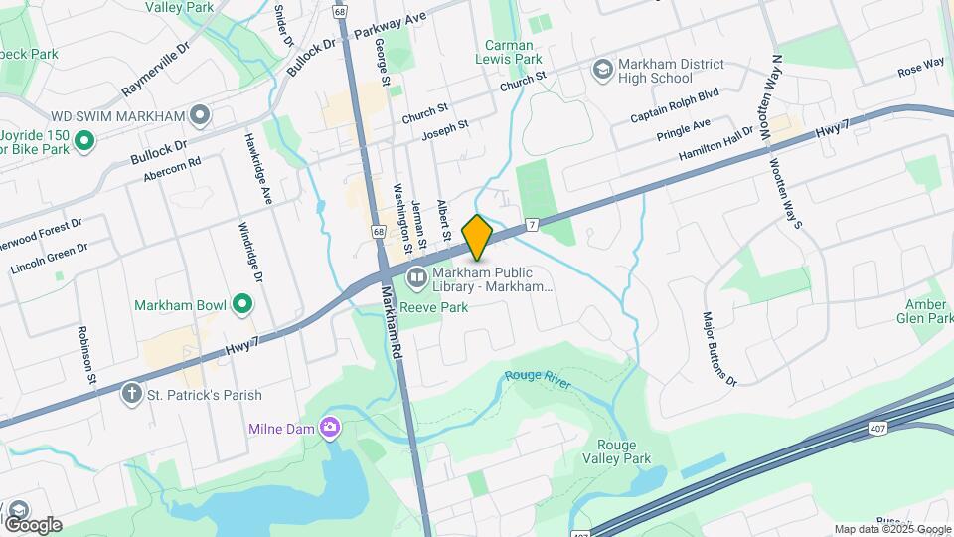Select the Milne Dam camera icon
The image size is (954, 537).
pos(330,429)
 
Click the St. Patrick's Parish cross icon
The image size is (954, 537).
pos(130,394)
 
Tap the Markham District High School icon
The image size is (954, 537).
pos(602,70)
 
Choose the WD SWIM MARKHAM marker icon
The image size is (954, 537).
pos(201,116)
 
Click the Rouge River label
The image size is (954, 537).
pos(538,378)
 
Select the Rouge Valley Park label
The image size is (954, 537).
pos(623,451)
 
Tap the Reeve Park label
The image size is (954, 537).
pos(436,307)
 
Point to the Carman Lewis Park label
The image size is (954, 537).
pos(514,52)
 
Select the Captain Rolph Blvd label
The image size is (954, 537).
pos(674,108)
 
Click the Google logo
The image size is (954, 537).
pos(32,524)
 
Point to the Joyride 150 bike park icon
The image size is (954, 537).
pos(84,141)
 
